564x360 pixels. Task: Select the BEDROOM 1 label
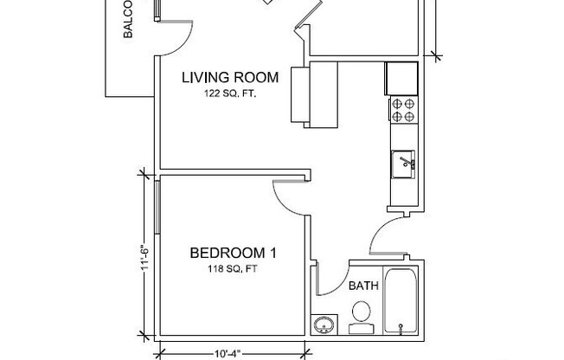[233, 254]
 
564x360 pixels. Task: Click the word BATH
[362, 285]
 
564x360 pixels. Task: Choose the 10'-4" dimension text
[228, 352]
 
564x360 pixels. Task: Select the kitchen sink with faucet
[404, 163]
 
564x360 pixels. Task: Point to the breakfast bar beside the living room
[300, 94]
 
